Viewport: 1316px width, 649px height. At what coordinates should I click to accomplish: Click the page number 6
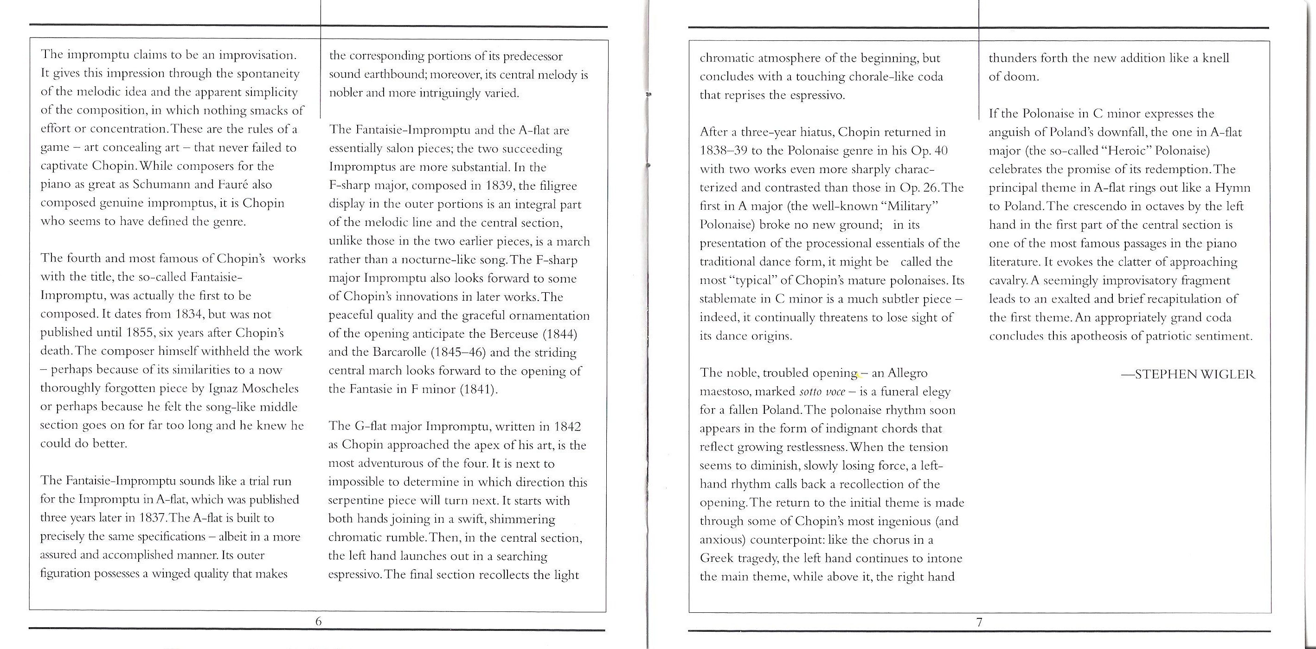tap(318, 622)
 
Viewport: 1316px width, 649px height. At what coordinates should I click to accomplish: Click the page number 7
tap(979, 623)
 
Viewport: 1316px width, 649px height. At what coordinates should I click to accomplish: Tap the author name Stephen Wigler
tap(1188, 374)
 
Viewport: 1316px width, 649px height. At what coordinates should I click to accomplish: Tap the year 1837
tap(152, 518)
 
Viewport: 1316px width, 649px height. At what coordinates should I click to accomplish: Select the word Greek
tap(718, 558)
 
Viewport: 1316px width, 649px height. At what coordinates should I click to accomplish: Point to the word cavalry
tap(1008, 281)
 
